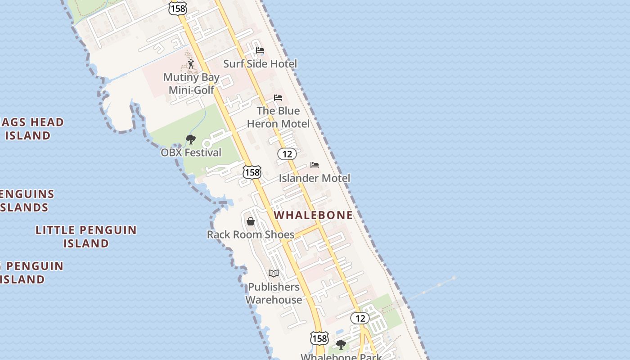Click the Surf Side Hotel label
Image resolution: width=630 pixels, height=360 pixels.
(260, 64)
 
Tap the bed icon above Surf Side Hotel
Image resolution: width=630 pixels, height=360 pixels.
(260, 50)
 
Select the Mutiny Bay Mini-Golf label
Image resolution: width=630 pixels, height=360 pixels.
(191, 83)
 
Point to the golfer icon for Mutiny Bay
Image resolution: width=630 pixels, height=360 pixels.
(191, 64)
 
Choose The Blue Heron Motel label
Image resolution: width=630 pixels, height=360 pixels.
(278, 117)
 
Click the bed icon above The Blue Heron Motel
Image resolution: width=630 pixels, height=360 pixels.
(278, 98)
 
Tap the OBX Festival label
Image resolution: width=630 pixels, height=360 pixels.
(191, 153)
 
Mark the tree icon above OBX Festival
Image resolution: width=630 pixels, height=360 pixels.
(191, 139)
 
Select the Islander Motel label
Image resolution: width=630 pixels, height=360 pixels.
(314, 178)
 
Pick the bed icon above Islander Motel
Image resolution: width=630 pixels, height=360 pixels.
(315, 165)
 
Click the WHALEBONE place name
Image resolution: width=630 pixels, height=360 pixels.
(313, 215)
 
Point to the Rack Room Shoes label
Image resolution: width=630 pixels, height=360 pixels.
(251, 234)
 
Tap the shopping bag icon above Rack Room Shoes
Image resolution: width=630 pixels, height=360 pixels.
(251, 221)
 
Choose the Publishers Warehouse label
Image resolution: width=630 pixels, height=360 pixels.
(274, 293)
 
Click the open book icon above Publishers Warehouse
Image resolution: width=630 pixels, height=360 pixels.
(274, 273)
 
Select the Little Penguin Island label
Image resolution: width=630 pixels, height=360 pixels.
(86, 237)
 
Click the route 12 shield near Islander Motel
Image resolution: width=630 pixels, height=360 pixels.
(287, 154)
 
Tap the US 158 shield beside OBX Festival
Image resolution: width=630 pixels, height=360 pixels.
(252, 172)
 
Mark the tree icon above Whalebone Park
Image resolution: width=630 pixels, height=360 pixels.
(341, 345)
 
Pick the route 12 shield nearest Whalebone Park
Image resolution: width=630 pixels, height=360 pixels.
(360, 319)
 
